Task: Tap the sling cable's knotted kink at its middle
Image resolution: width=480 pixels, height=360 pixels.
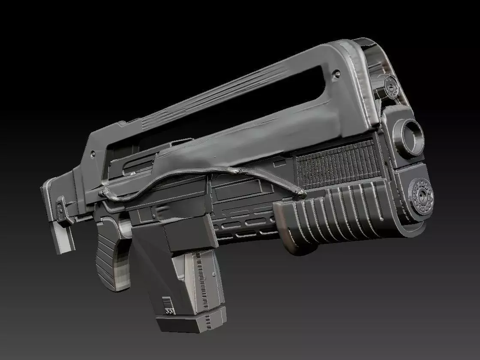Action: pos(236,172)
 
